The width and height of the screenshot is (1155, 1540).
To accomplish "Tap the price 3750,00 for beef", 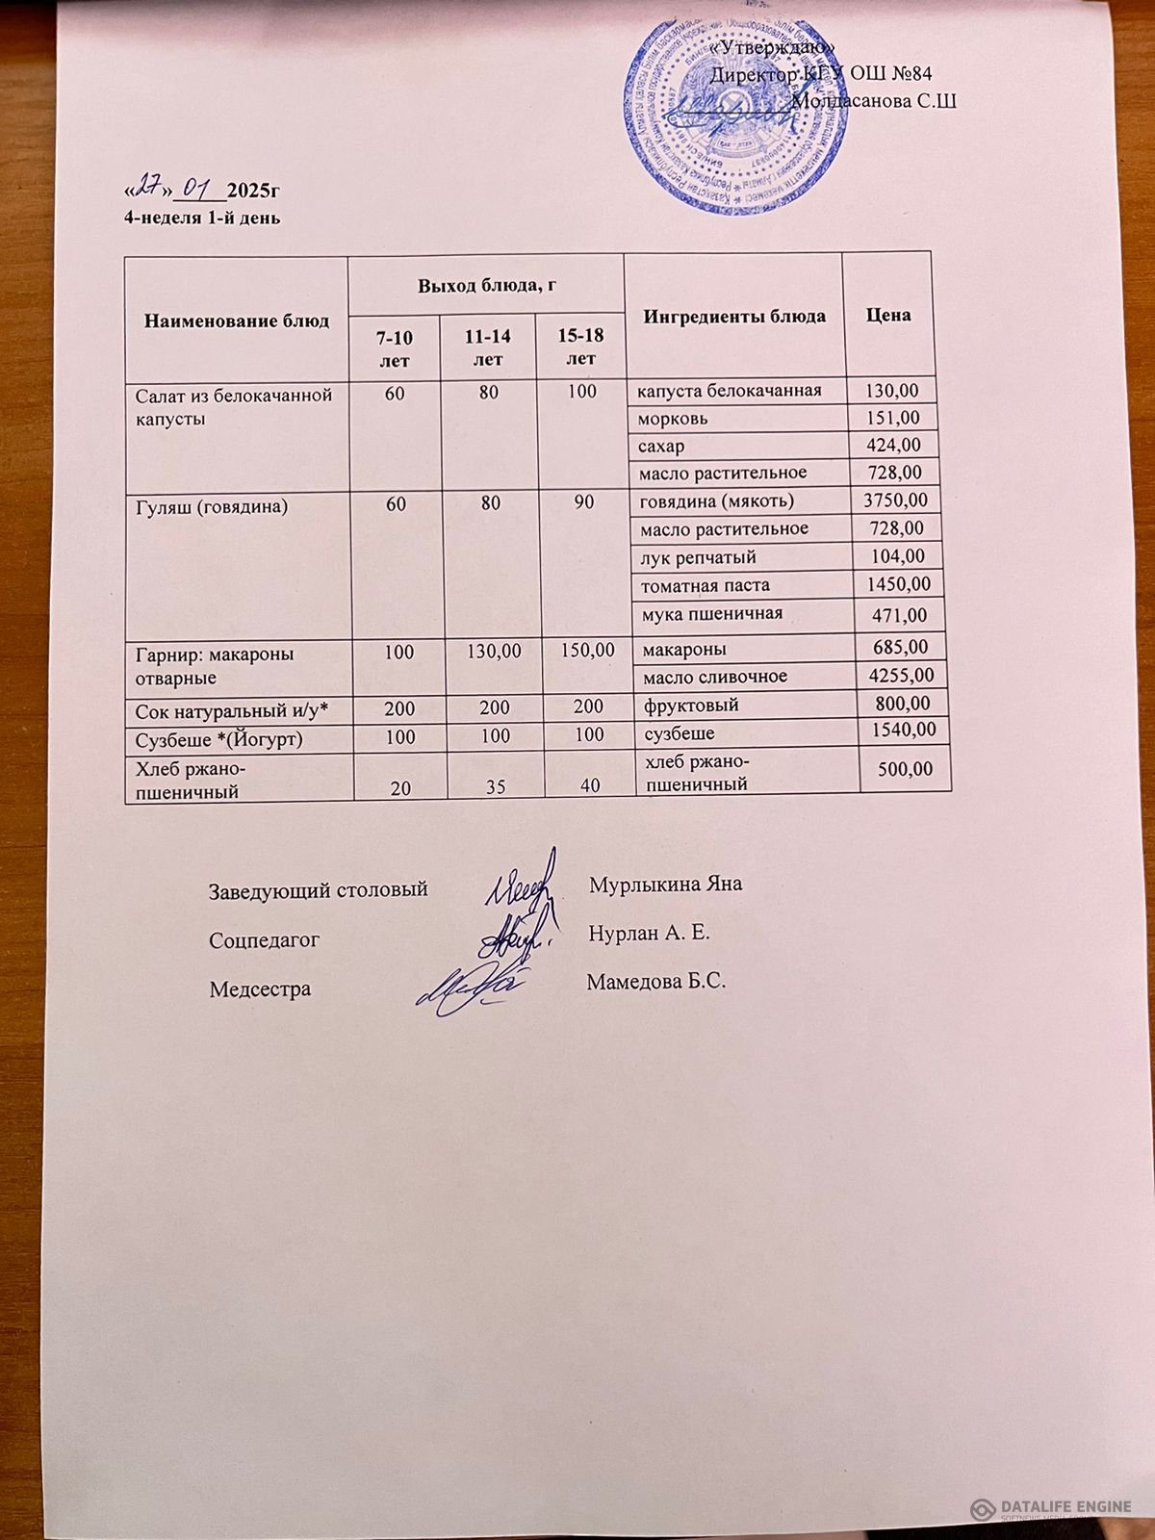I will tap(895, 500).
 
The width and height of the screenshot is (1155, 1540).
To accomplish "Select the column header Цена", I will tap(887, 315).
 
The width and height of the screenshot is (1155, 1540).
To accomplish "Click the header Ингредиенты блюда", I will tap(733, 316).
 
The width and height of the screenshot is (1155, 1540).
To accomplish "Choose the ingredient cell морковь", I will tap(674, 419).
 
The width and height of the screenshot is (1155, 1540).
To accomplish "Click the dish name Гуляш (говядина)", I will tap(212, 504).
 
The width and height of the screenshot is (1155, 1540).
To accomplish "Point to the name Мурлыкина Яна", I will tap(665, 885).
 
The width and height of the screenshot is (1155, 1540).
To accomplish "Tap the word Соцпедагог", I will tap(265, 939).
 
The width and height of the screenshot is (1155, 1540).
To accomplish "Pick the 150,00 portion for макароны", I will tap(581, 652).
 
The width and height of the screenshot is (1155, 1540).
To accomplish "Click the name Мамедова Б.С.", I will tap(654, 983).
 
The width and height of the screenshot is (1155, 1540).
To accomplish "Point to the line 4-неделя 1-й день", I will tap(202, 218).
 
